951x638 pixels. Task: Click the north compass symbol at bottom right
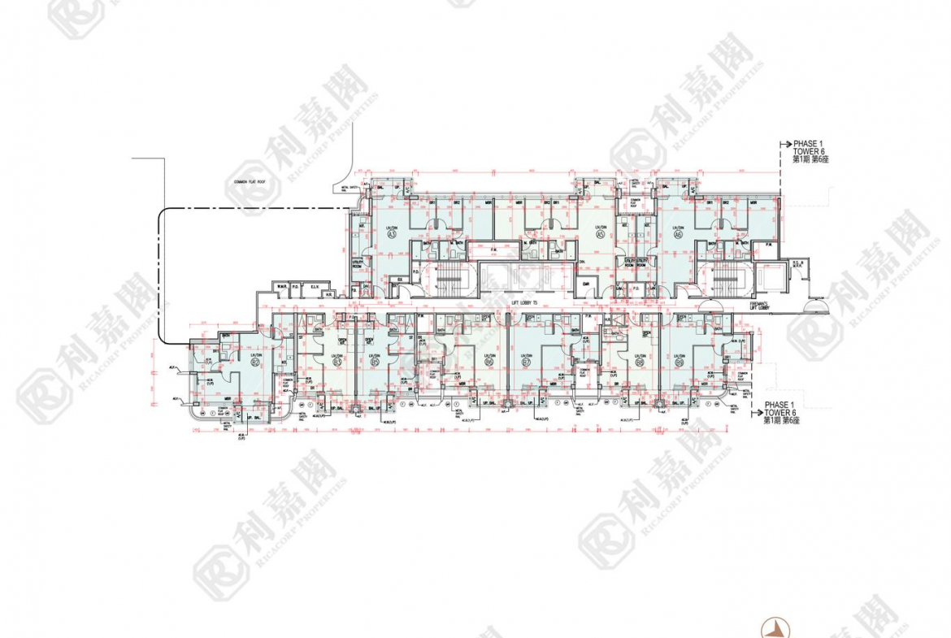[x=777, y=627]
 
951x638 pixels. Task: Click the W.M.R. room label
[x=280, y=286]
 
